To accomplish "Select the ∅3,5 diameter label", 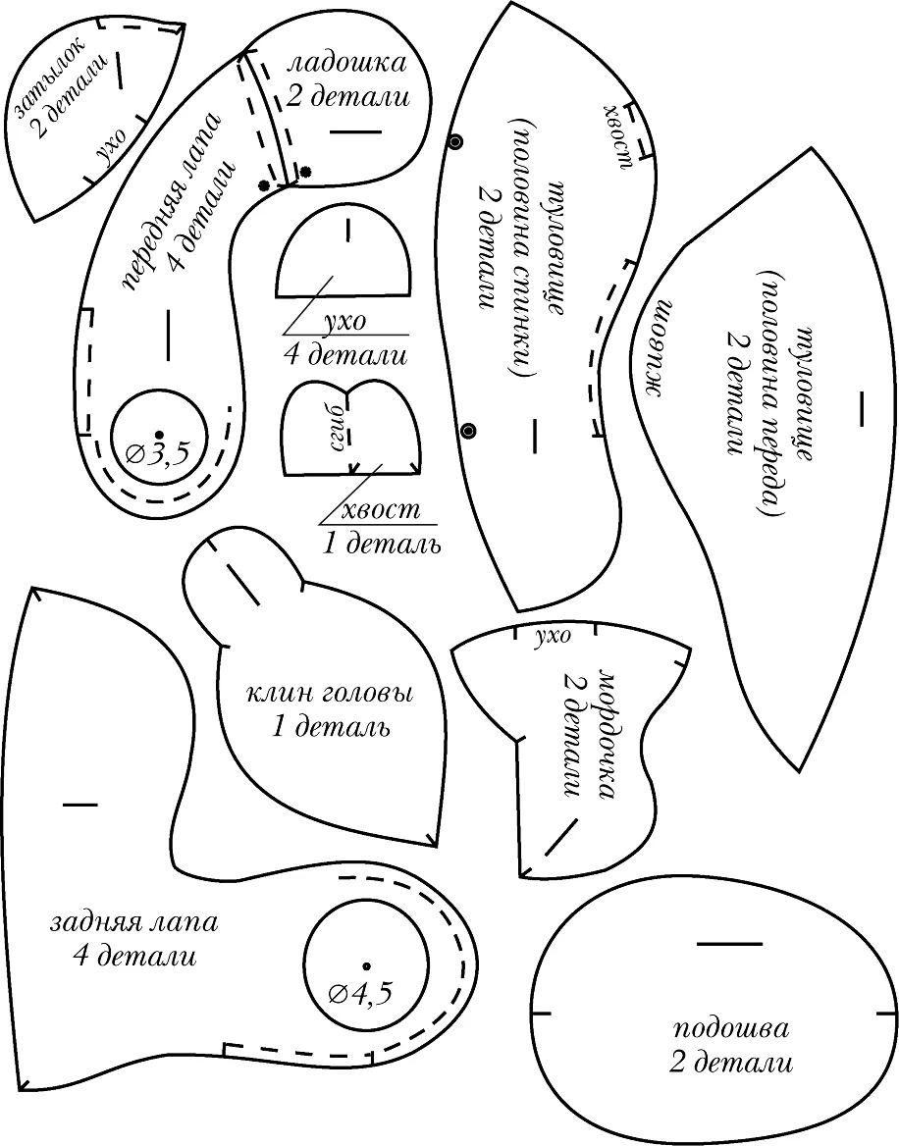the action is (x=157, y=454).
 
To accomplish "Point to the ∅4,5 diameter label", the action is (x=361, y=994).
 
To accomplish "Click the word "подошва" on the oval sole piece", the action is (x=731, y=1030).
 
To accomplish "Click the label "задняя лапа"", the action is (x=134, y=921).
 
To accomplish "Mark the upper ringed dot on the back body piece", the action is (x=456, y=142).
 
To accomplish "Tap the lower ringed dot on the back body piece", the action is (x=469, y=431).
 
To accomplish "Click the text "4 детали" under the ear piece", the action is (x=345, y=356).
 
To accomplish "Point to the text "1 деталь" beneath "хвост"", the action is (x=382, y=544).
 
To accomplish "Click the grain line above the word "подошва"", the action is (x=728, y=944).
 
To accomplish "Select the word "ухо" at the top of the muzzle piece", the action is (x=553, y=638).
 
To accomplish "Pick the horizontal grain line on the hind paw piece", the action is (x=79, y=805).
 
